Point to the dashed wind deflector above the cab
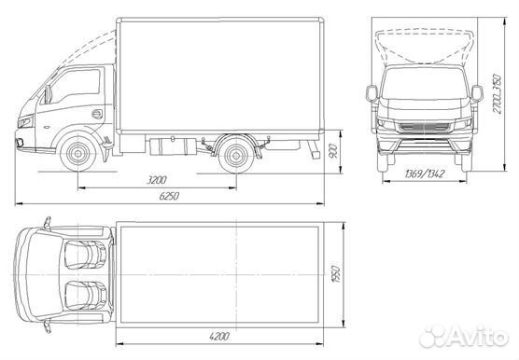click(x=89, y=42)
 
